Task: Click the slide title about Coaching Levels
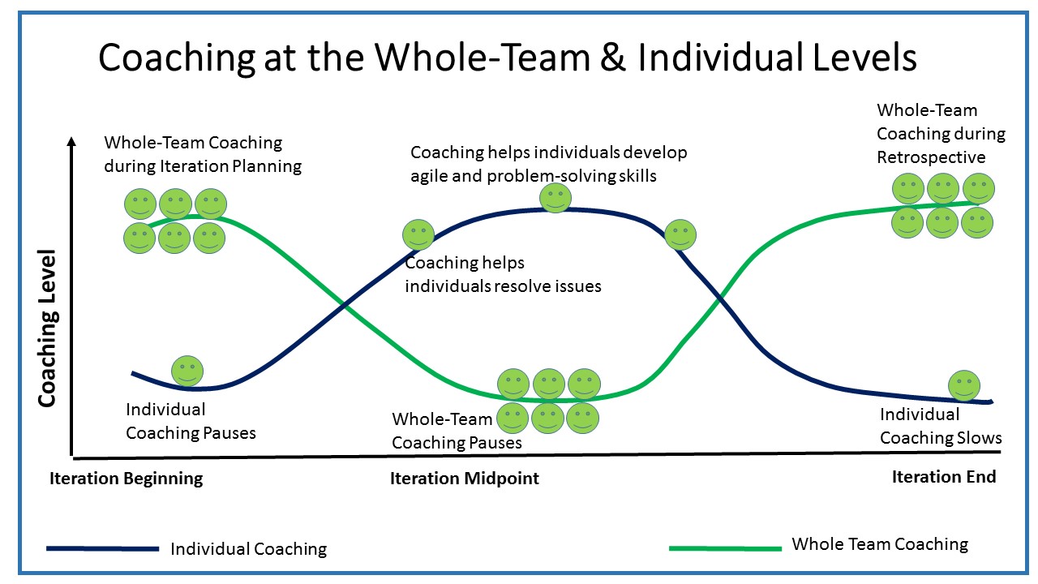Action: click(x=507, y=58)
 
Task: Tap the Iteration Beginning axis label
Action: click(x=127, y=479)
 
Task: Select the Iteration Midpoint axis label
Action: click(x=465, y=479)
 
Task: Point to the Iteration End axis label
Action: click(x=944, y=477)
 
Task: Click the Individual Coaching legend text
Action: click(x=248, y=549)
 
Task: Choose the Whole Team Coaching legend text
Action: click(x=880, y=544)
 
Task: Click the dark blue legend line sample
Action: click(x=102, y=549)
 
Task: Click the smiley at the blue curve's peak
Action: click(x=555, y=198)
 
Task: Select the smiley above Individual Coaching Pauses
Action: click(x=187, y=371)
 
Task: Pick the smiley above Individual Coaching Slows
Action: click(x=963, y=385)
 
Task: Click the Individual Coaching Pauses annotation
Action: click(x=191, y=422)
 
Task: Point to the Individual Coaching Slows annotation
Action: click(x=941, y=427)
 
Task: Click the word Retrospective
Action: click(x=931, y=157)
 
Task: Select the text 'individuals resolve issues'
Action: click(x=503, y=286)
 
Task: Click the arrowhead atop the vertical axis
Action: click(x=72, y=142)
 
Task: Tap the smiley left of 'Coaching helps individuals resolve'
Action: click(x=418, y=235)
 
